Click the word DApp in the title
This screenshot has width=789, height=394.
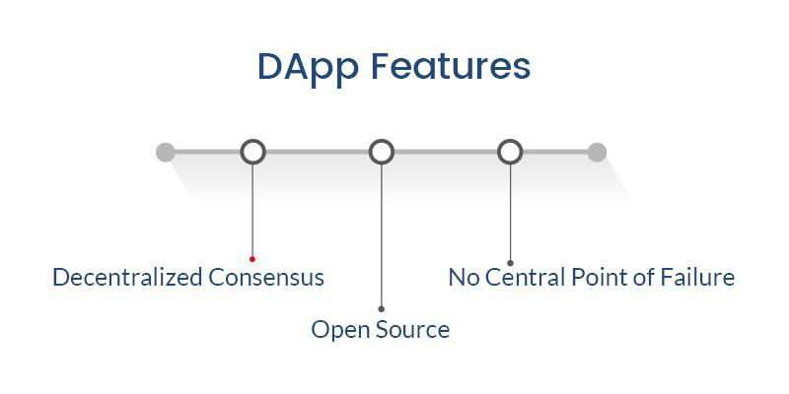[308, 68]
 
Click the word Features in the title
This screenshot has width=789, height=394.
[451, 66]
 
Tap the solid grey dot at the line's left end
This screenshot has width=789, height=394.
[166, 153]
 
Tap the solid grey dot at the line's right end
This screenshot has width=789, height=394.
[597, 153]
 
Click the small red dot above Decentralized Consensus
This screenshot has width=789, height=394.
[252, 259]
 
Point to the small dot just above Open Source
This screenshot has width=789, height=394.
[382, 309]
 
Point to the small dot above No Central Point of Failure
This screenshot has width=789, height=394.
[510, 263]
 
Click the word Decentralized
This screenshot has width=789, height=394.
[128, 277]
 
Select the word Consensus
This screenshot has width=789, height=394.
[266, 278]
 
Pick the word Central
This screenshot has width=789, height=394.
[526, 278]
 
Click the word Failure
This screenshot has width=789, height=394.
[697, 278]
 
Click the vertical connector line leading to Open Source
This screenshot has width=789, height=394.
[382, 235]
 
